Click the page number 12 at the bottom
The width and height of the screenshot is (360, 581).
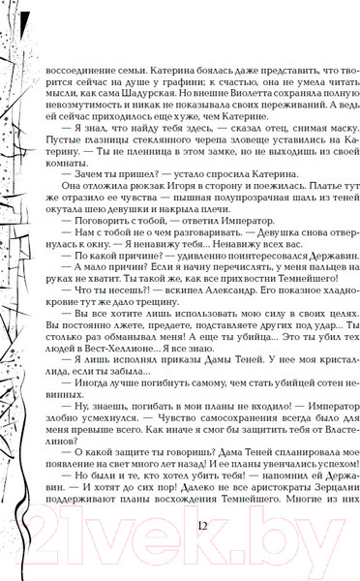(x=201, y=525)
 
